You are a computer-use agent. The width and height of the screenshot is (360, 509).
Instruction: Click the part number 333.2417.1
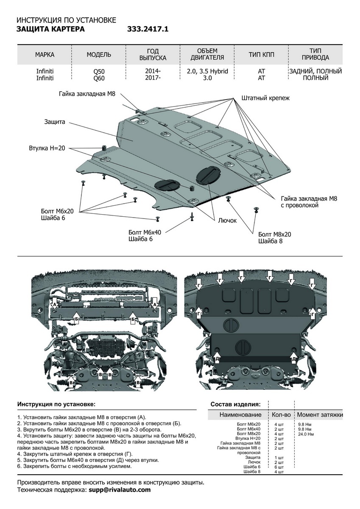148,29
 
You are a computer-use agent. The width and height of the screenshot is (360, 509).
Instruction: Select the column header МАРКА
45,55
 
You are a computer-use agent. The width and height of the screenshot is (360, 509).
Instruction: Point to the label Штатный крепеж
265,98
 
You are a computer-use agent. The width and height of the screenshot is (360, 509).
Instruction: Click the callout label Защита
55,122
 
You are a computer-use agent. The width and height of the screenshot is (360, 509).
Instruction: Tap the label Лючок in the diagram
227,221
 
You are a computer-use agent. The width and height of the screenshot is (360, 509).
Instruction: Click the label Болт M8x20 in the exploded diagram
274,234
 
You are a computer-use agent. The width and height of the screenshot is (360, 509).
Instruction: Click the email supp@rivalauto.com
120,489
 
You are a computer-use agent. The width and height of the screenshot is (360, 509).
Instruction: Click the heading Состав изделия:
235,404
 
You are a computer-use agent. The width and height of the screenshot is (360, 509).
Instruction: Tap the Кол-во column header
279,414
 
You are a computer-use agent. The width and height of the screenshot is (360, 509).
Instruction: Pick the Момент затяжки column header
320,414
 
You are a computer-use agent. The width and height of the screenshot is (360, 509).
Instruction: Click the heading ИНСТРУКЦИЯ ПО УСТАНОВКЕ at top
66,20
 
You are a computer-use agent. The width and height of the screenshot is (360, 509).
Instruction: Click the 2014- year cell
152,71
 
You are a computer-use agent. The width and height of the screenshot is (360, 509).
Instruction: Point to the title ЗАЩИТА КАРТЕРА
50,29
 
